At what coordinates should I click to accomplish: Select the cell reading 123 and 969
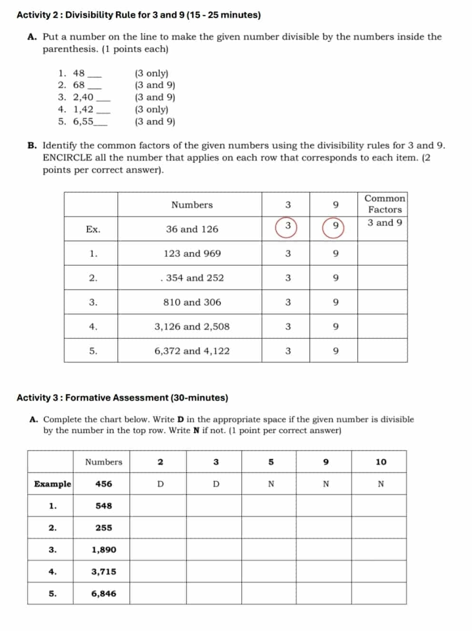192,253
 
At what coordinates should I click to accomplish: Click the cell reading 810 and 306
192,302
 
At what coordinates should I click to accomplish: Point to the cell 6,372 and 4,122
192,351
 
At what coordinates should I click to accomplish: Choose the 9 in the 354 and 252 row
335,278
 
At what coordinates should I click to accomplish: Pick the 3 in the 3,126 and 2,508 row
288,326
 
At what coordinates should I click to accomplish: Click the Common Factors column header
384,204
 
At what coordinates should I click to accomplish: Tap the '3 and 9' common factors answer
384,223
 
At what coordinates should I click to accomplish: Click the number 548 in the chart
103,505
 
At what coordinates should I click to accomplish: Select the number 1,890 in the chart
103,550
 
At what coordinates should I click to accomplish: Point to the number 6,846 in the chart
103,594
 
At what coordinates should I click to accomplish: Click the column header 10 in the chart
381,462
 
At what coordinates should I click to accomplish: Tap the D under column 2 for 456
160,484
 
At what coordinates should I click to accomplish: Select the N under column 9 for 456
326,484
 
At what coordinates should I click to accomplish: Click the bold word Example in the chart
52,484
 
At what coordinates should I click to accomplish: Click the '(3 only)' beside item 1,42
151,109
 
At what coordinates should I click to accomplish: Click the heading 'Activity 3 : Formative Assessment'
122,398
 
